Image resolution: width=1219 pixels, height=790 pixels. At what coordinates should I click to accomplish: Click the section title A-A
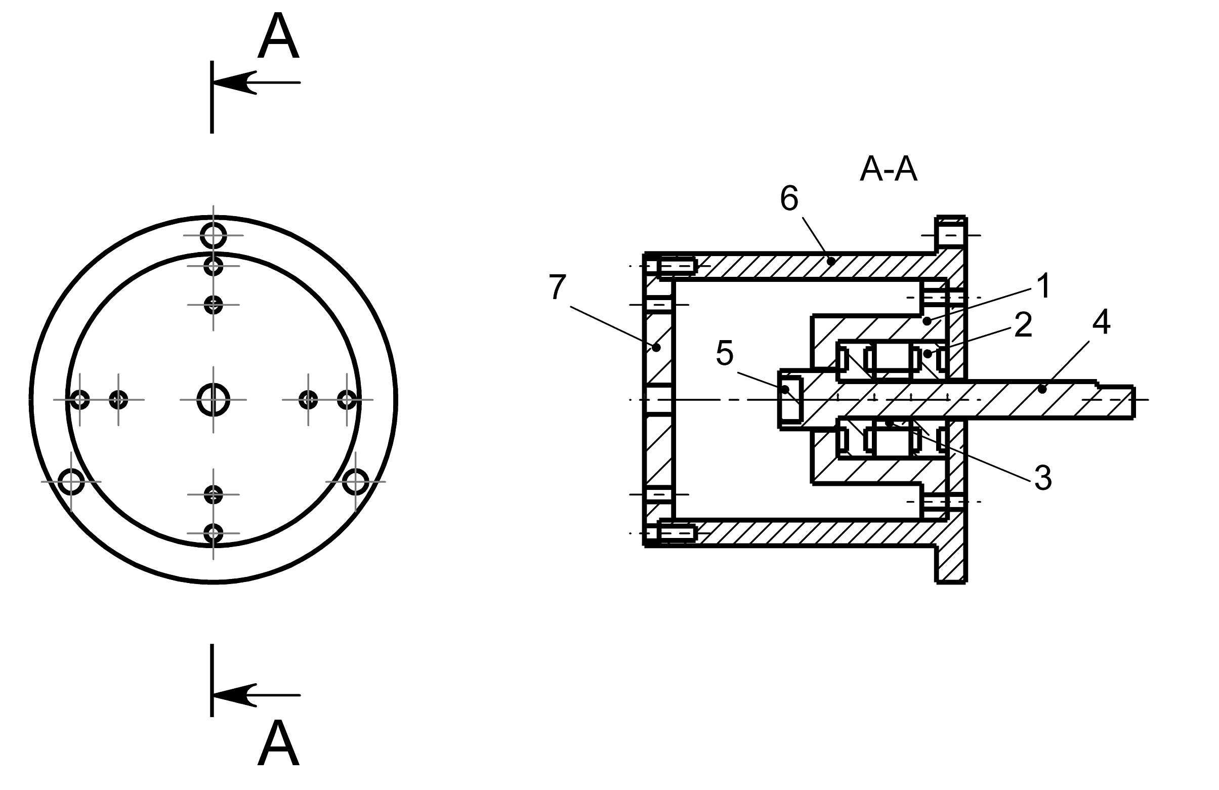(888, 170)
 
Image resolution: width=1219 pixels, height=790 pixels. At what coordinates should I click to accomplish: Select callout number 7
(557, 287)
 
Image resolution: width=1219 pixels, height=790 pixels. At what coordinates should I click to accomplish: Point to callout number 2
(1023, 325)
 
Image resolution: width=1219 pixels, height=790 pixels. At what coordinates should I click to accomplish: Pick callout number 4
(1101, 323)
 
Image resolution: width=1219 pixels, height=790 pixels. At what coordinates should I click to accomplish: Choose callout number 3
(1043, 478)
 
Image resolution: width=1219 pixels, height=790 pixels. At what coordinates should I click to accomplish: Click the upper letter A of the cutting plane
(278, 37)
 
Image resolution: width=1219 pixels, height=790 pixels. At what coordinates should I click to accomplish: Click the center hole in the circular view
(213, 399)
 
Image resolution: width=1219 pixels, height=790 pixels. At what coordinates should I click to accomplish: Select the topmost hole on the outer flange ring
(213, 235)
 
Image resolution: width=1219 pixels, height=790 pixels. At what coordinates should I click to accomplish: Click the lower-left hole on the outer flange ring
(71, 482)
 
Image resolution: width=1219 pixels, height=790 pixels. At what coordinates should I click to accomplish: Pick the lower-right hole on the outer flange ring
(355, 482)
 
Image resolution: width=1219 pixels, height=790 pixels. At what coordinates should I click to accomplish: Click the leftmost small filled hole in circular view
(80, 399)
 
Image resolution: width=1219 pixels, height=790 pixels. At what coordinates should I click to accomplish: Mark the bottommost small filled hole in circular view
(213, 533)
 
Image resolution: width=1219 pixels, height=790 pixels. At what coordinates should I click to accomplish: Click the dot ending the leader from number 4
(1042, 389)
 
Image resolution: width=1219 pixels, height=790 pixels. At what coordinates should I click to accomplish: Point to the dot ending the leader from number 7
(657, 347)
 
